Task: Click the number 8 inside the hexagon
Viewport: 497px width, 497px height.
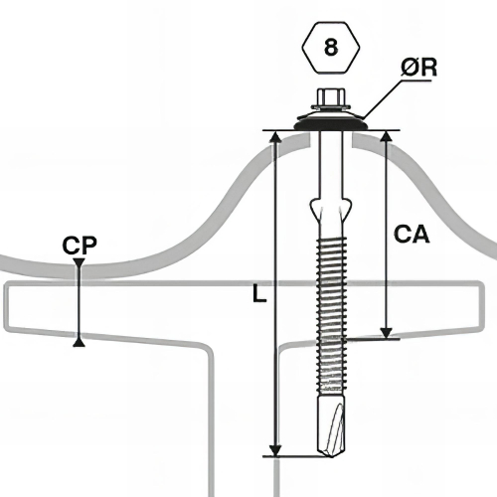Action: (331, 48)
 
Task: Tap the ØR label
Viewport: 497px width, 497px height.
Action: (418, 68)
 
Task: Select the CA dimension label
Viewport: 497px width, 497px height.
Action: (412, 234)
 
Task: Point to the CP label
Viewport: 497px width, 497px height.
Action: (80, 246)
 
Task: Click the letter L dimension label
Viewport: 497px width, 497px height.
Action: (259, 293)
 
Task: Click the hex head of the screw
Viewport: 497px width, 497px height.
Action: (331, 97)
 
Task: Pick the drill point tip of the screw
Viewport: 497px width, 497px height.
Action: (331, 454)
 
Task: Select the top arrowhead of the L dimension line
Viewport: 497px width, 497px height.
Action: (275, 136)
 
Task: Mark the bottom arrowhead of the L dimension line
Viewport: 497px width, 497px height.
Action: (274, 450)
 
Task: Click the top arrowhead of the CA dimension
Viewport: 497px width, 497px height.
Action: (387, 136)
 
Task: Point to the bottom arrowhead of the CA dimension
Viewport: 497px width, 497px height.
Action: (386, 333)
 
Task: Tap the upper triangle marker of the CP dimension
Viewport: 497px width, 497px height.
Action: (79, 262)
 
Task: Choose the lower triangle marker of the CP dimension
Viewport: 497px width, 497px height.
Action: (79, 343)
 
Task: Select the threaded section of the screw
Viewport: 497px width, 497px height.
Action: (332, 313)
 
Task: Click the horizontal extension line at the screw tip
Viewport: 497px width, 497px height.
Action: (297, 456)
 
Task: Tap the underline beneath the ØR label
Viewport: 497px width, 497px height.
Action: (416, 80)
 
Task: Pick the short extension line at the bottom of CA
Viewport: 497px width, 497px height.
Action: (372, 339)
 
